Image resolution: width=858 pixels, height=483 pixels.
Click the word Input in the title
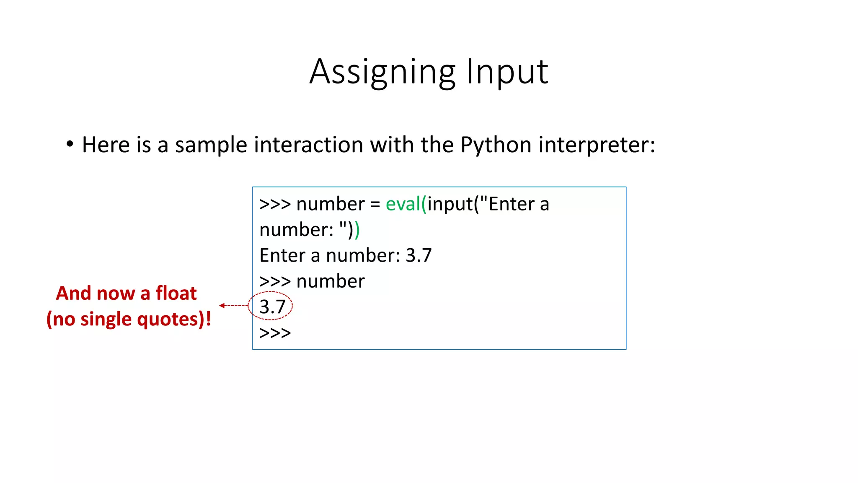[x=507, y=72]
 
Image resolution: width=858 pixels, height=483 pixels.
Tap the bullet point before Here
[x=70, y=144]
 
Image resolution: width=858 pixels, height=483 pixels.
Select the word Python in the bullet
[x=496, y=145]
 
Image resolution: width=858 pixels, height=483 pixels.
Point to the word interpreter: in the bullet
[x=597, y=145]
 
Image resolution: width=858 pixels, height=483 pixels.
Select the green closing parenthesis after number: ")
[x=357, y=230]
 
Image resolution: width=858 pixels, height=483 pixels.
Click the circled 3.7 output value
[x=272, y=306]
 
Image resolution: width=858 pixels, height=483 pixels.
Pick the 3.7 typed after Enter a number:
[x=419, y=255]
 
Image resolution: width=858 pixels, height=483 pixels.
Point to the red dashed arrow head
[x=222, y=306]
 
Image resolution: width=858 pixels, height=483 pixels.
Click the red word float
[x=176, y=293]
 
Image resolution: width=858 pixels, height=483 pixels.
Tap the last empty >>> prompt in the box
[x=275, y=333]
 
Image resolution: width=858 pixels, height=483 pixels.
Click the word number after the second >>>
[x=331, y=281]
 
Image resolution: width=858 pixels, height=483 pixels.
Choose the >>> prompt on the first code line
[x=275, y=205]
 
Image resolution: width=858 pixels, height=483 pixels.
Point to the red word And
[x=74, y=293]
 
